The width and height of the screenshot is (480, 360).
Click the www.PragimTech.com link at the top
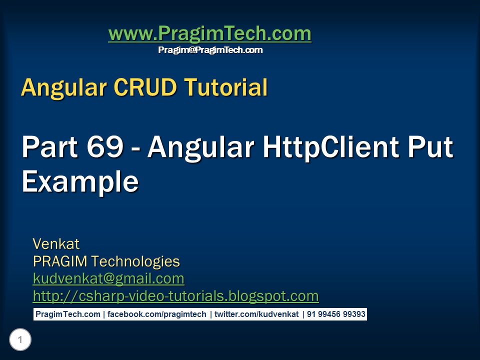tap(209, 33)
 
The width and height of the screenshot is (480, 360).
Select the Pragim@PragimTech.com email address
tap(210, 50)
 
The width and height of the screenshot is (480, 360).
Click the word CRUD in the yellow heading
tap(145, 87)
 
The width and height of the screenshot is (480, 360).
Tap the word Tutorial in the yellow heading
tap(225, 87)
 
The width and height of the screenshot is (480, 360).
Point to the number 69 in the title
tap(105, 146)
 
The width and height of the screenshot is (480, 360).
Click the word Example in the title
tap(80, 182)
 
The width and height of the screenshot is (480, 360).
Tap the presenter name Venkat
tap(56, 244)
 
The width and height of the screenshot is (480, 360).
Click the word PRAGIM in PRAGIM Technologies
tap(60, 261)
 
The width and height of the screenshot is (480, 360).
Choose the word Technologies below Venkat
tap(135, 261)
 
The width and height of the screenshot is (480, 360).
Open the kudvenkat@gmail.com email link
tap(108, 279)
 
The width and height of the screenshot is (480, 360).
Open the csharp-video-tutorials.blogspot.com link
tap(175, 296)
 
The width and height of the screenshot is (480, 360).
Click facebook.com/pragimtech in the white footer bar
tap(156, 314)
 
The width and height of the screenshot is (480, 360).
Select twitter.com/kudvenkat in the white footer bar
tap(256, 314)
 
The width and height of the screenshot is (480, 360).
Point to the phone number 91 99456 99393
tap(336, 314)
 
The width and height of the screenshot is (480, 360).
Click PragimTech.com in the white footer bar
tap(67, 314)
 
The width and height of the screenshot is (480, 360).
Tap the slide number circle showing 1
tap(20, 339)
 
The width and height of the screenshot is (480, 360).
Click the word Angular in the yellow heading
tap(64, 88)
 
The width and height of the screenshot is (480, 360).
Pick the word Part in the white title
tap(50, 147)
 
